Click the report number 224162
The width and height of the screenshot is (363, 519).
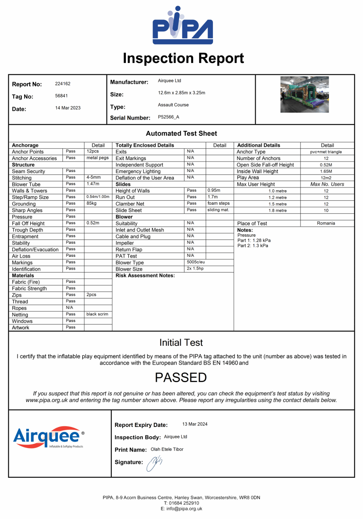click(x=63, y=84)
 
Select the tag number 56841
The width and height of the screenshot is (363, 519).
click(x=61, y=96)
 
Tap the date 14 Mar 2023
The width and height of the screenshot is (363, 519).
click(x=68, y=108)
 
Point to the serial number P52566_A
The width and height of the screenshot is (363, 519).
click(x=169, y=117)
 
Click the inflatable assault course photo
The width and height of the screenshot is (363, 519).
click(x=304, y=95)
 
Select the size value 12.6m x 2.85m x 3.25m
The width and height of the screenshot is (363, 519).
click(x=181, y=93)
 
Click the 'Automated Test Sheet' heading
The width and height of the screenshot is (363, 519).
click(x=181, y=133)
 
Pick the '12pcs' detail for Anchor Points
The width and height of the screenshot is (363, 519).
click(x=93, y=151)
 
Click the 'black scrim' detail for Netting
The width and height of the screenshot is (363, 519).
click(x=97, y=314)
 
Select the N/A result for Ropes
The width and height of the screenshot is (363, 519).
click(x=69, y=308)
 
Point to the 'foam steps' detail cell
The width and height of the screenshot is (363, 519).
click(x=218, y=204)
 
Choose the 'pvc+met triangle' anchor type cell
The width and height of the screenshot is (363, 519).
click(x=327, y=152)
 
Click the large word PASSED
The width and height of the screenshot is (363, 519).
click(x=181, y=378)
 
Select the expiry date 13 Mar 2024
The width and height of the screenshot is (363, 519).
click(x=195, y=424)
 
